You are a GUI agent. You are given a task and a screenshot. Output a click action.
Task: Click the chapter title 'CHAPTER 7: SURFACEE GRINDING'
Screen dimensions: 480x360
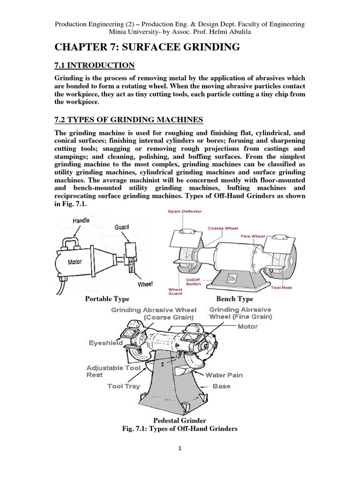(x=148, y=46)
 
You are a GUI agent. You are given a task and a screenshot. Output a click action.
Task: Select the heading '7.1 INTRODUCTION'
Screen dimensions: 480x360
(x=96, y=65)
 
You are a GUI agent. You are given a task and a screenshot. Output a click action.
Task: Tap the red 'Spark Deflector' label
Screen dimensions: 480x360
(x=185, y=211)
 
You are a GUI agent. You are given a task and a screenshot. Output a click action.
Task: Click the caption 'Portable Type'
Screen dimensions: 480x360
(x=107, y=299)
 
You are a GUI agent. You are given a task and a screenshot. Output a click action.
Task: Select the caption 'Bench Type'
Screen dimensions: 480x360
(x=234, y=299)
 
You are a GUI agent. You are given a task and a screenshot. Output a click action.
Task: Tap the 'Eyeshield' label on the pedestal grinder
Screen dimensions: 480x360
(x=105, y=343)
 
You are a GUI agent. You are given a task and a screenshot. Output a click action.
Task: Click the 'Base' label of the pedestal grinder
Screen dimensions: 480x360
(x=221, y=386)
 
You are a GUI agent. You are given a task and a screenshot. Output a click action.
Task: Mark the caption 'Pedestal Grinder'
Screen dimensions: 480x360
(x=180, y=420)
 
